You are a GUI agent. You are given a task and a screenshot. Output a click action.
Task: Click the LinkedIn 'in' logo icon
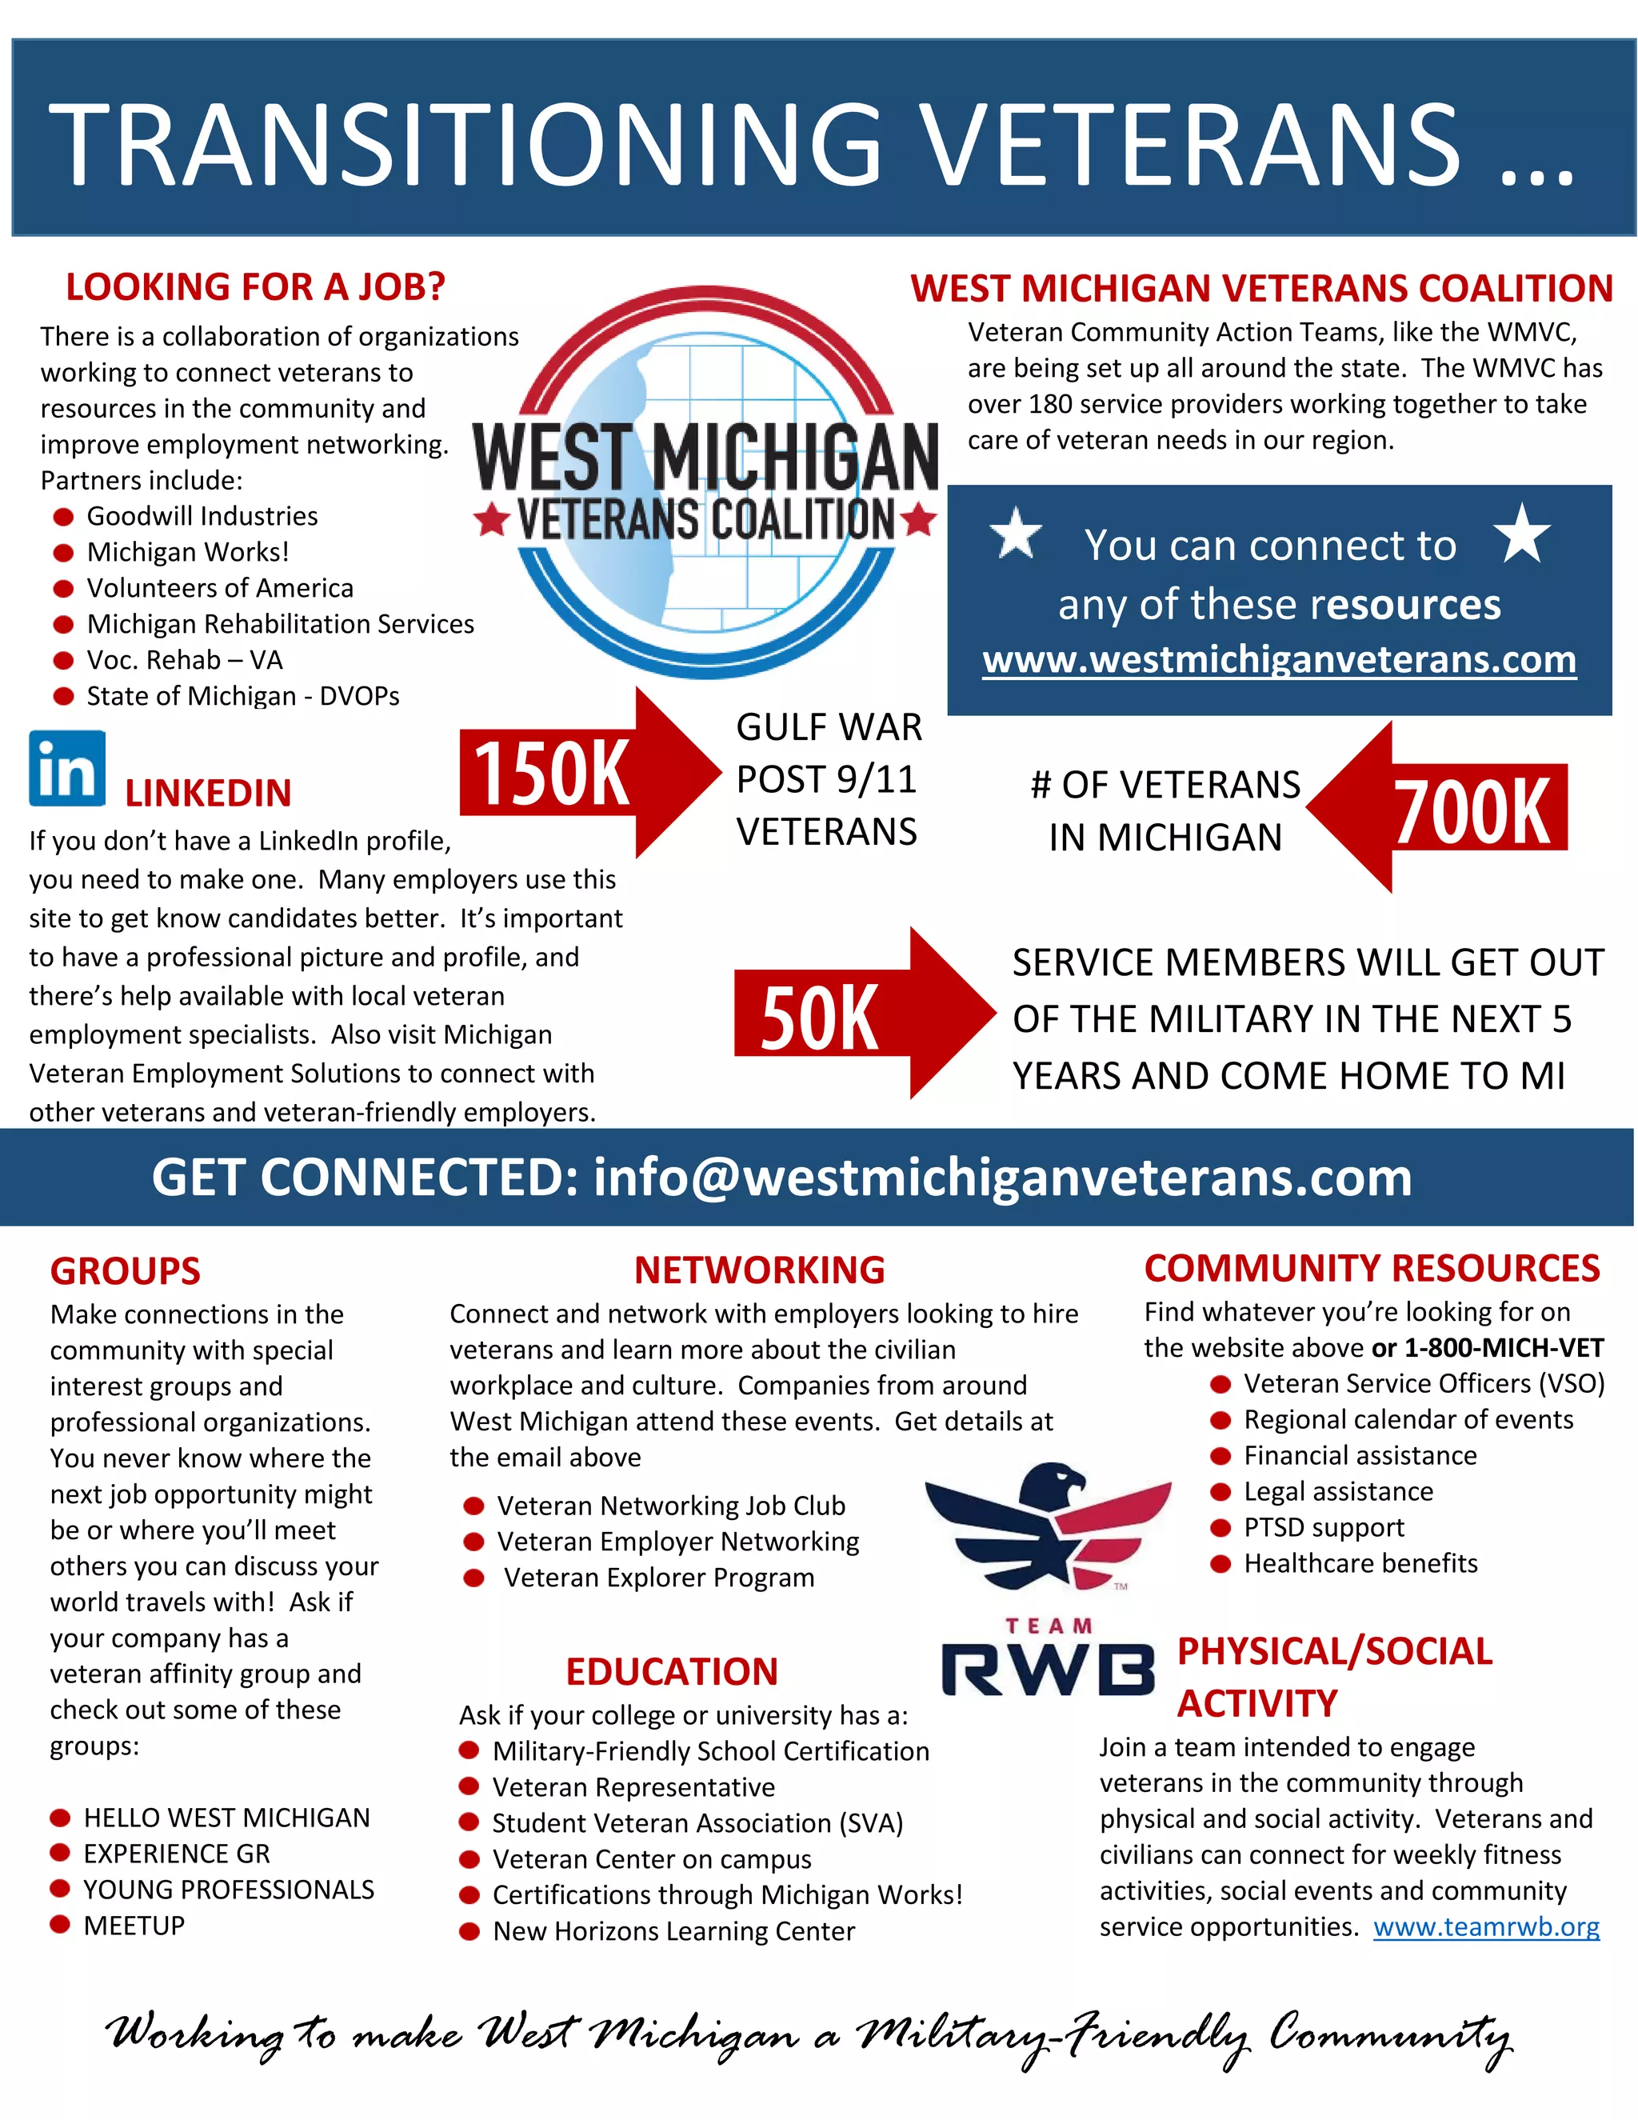point(67,769)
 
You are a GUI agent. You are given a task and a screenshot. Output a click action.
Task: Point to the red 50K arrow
point(854,1014)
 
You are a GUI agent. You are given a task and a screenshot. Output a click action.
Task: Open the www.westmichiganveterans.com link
point(1279,660)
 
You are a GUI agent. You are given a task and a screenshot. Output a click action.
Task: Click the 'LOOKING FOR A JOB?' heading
point(255,287)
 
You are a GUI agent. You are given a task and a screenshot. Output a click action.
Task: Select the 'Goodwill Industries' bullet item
point(202,517)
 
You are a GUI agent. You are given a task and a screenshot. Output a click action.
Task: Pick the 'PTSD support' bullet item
point(1324,1527)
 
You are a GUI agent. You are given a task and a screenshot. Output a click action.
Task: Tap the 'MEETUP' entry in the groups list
point(134,1925)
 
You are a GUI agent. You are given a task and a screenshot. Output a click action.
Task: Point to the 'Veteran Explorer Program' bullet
point(658,1578)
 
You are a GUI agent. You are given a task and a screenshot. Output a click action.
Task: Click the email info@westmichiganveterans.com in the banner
point(1001,1178)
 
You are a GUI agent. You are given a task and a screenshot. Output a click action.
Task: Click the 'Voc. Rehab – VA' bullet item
point(185,660)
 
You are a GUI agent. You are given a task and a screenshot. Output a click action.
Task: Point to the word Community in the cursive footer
point(1389,2034)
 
